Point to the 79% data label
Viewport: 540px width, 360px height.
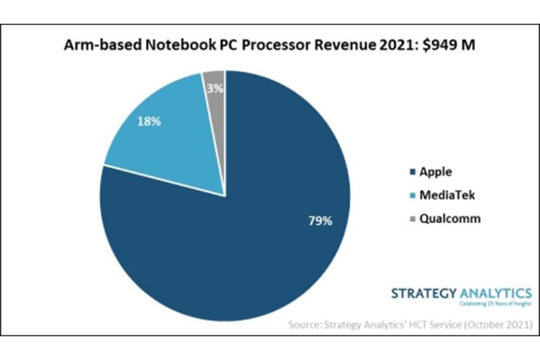[319, 221]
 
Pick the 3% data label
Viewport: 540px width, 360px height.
[214, 88]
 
